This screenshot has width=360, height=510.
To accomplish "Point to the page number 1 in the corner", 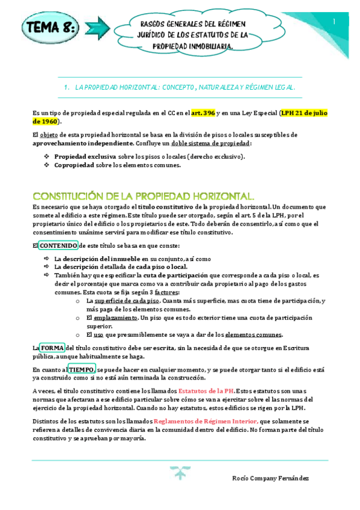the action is pyautogui.click(x=334, y=22).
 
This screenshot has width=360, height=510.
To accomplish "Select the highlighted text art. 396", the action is pyautogui.click(x=203, y=112).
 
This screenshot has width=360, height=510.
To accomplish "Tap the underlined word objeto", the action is pyautogui.click(x=49, y=135).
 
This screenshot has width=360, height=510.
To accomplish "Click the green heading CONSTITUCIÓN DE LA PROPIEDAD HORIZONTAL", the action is pyautogui.click(x=143, y=197).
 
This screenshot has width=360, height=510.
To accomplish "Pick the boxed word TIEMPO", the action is pyautogui.click(x=81, y=369).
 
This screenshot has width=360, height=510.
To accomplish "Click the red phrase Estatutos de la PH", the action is pyautogui.click(x=206, y=391).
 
